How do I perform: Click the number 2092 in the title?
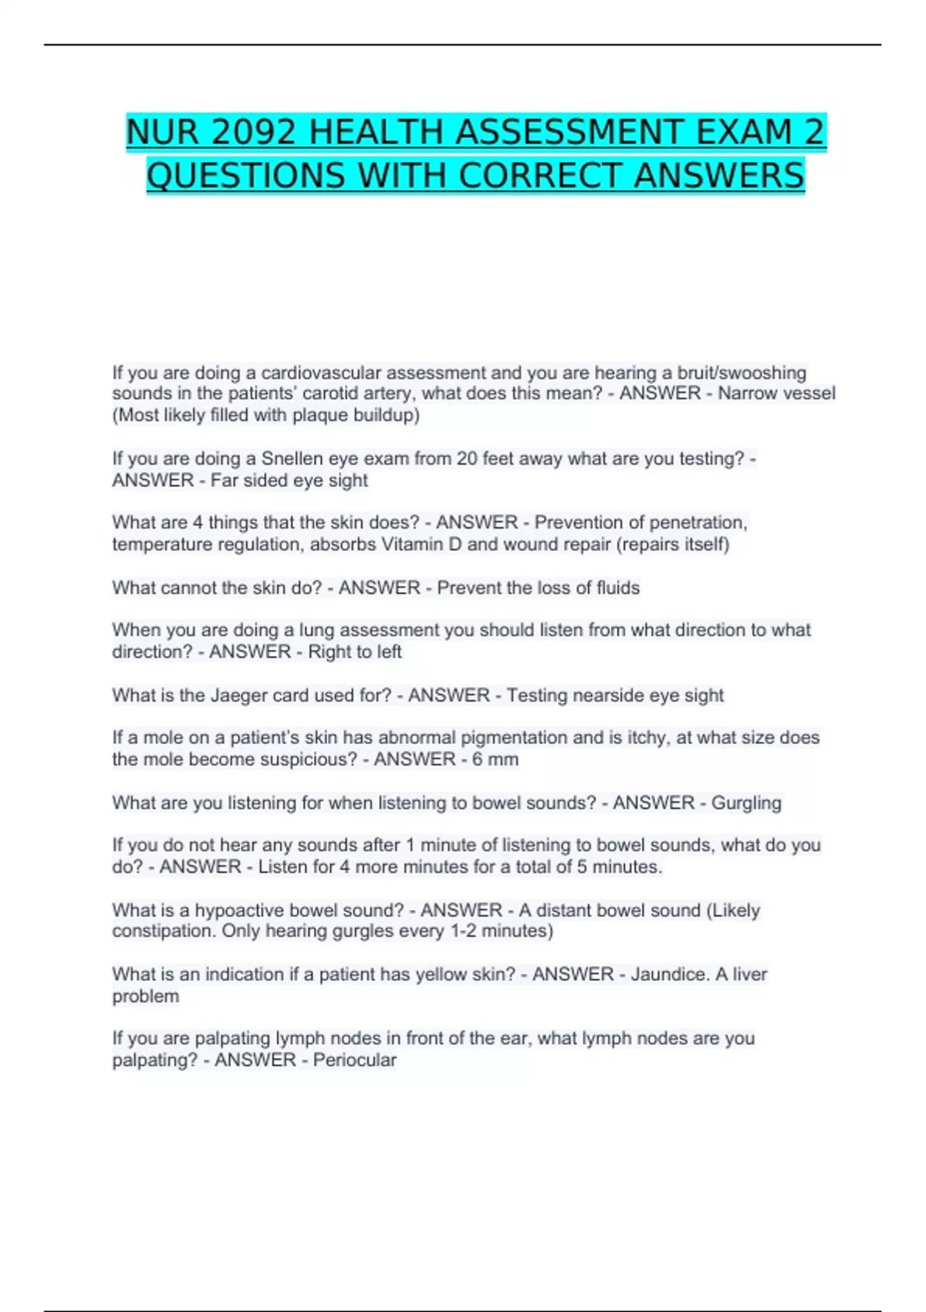[x=254, y=133]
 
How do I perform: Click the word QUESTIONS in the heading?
[x=245, y=176]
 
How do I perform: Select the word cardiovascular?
[x=320, y=373]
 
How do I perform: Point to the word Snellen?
[x=292, y=458]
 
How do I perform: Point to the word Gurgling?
[x=746, y=803]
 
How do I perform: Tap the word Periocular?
[x=354, y=1060]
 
